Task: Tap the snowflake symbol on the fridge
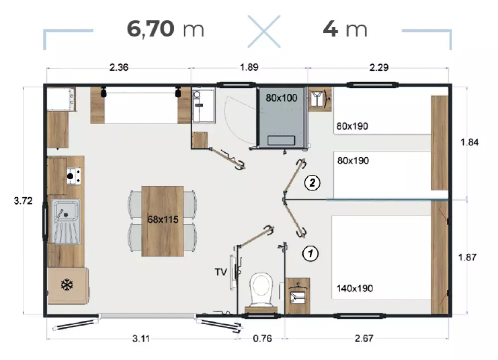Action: coord(67,284)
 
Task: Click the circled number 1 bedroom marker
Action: coord(310,253)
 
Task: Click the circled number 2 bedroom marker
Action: coord(312,183)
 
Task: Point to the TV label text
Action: coord(221,272)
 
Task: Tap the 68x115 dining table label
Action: coord(163,220)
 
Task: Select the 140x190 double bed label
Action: coord(355,288)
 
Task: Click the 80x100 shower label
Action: coord(281,98)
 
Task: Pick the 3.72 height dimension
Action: coord(23,201)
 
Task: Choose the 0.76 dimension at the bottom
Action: coord(262,339)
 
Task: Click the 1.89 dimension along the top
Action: coord(249,67)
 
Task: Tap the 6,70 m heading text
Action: coord(165,29)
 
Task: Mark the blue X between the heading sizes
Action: coord(264,31)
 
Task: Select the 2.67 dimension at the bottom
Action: coord(364,339)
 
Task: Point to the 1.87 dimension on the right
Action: coord(467,257)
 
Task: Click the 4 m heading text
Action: coord(345,29)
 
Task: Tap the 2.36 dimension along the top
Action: coord(119,67)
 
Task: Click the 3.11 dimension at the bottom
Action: coord(141,339)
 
